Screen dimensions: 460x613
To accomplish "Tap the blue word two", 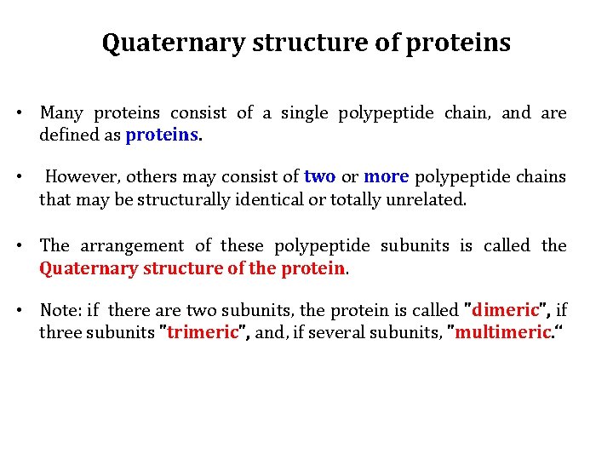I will [319, 177].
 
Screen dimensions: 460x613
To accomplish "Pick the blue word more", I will [387, 177].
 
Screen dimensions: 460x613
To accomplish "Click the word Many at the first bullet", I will [61, 113].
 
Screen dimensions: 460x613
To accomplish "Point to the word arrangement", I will [132, 246].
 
